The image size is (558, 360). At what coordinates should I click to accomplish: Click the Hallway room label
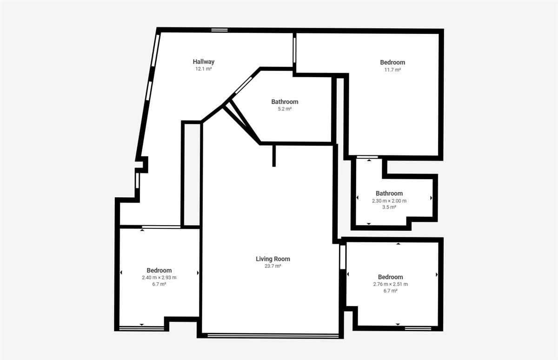[204, 61]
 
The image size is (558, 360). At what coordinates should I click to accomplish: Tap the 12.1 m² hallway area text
[204, 69]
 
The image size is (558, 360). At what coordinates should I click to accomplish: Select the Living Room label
[273, 259]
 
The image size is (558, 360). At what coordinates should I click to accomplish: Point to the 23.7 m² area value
[273, 266]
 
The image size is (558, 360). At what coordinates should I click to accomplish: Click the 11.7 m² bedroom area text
[392, 70]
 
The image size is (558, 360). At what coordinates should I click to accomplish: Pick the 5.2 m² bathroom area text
[285, 109]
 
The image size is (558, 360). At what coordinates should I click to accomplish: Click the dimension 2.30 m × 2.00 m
[389, 201]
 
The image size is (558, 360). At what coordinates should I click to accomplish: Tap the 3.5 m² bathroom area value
[389, 207]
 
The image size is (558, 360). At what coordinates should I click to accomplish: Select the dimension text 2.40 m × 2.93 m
[159, 278]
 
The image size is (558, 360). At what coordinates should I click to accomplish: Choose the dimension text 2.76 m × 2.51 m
[390, 284]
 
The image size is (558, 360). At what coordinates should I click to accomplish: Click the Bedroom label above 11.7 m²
[392, 62]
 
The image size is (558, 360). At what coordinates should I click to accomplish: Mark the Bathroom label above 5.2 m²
[285, 102]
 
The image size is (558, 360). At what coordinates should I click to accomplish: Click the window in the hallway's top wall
[219, 30]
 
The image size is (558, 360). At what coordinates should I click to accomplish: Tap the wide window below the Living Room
[273, 336]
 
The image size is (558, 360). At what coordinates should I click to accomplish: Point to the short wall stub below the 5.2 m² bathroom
[274, 156]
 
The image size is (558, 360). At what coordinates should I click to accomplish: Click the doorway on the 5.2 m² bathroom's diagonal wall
[243, 86]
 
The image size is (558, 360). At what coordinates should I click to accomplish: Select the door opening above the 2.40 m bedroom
[161, 227]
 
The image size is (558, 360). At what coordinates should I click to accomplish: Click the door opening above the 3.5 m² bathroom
[367, 157]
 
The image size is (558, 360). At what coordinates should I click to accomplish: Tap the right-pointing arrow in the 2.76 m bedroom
[437, 274]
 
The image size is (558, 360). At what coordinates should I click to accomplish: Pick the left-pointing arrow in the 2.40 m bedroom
[121, 273]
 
